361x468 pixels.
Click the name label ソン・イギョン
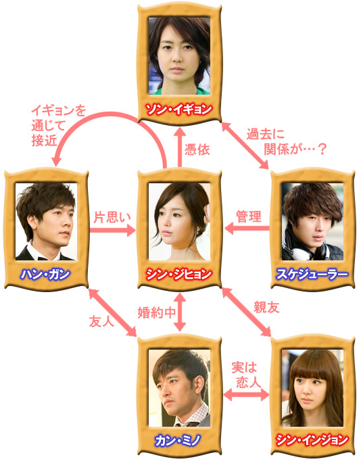[x=179, y=110]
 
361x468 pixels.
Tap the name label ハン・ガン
[x=45, y=275]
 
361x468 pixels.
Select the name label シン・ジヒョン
[x=179, y=275]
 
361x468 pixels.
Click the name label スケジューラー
[x=312, y=275]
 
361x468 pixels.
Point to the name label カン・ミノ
[x=178, y=440]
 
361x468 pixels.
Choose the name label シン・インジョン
[x=312, y=440]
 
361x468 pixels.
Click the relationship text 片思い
[x=112, y=217]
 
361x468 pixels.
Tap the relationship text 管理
[x=249, y=216]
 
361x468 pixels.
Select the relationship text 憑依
[x=197, y=149]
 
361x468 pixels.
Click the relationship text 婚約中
[x=157, y=313]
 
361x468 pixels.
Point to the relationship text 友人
[x=101, y=321]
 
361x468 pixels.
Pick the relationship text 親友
[x=266, y=307]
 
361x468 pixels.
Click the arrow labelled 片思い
[x=113, y=230]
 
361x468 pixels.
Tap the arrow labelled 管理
[x=247, y=229]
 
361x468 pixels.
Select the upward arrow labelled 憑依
[x=180, y=147]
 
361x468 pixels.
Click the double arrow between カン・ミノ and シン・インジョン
[x=246, y=395]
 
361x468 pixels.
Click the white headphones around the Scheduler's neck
[x=308, y=252]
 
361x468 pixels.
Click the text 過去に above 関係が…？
[x=265, y=135]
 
